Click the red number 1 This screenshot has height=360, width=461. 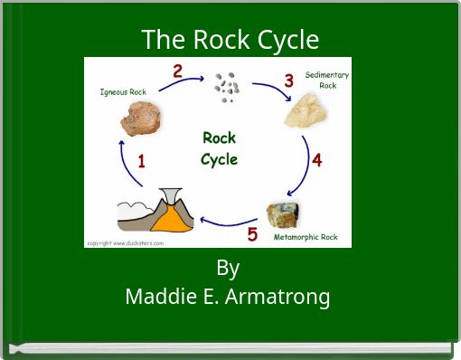click(142, 161)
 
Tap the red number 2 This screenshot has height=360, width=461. click(177, 71)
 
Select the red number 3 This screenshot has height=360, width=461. click(288, 81)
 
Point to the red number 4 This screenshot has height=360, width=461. click(316, 160)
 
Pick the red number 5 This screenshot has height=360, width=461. click(252, 234)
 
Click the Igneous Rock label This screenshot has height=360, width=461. click(122, 91)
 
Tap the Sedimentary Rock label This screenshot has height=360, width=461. click(326, 80)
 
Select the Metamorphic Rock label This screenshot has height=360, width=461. click(306, 237)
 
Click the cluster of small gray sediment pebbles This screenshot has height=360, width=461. click(227, 87)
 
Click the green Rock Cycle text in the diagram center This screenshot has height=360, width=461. click(219, 148)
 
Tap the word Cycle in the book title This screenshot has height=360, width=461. click(287, 40)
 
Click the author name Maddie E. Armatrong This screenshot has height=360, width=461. click(228, 295)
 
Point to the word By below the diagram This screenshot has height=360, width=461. click(228, 269)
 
